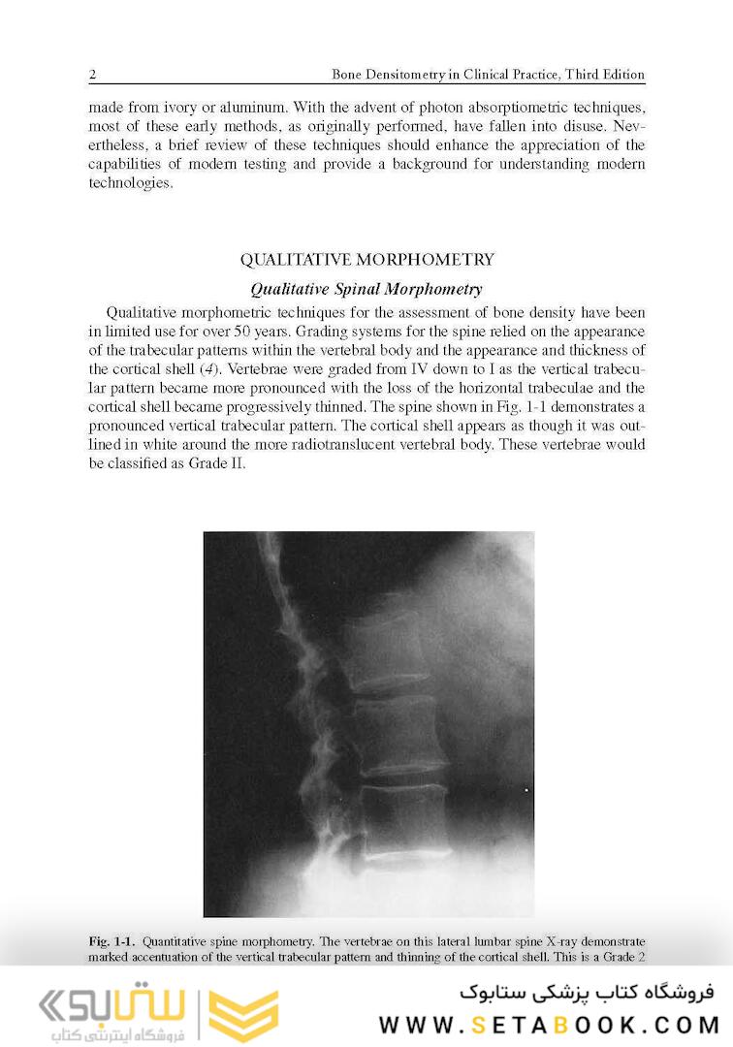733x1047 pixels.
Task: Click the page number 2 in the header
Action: pyautogui.click(x=91, y=75)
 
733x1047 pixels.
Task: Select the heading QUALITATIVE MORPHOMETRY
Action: pyautogui.click(x=366, y=260)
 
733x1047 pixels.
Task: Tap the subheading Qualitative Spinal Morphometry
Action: pyautogui.click(x=366, y=289)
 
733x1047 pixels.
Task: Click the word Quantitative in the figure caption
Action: pyautogui.click(x=180, y=941)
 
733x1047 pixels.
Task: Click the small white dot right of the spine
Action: pyautogui.click(x=526, y=791)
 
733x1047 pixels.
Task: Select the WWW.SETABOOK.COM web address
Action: pyautogui.click(x=548, y=1024)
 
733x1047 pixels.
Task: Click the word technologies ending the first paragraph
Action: pyautogui.click(x=130, y=183)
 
